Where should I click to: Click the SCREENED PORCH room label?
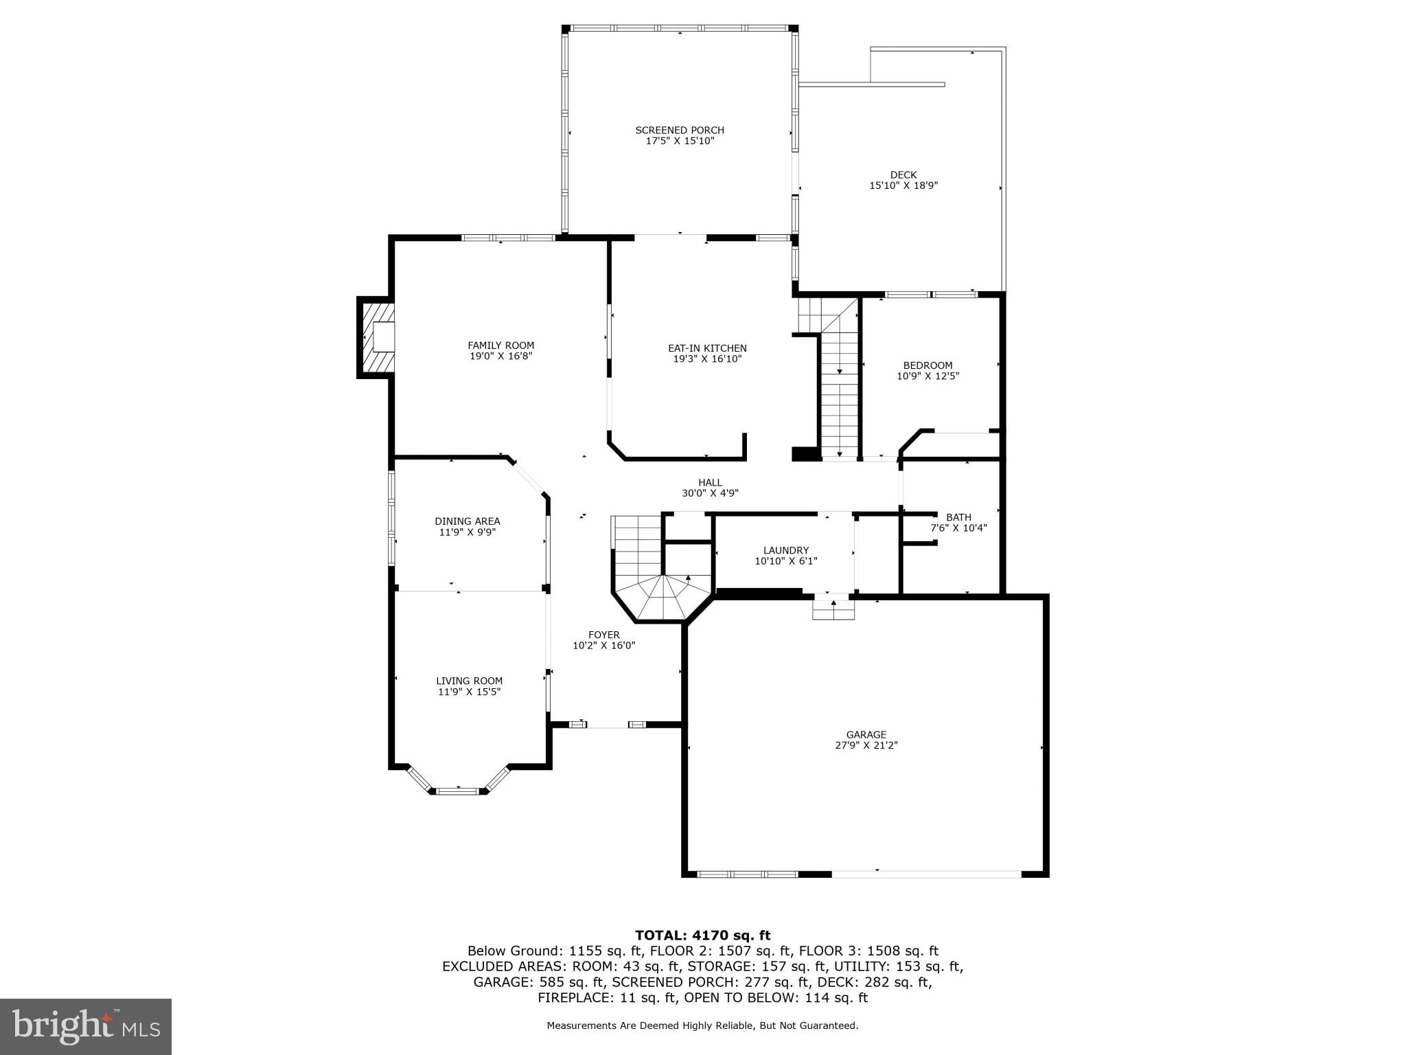679,130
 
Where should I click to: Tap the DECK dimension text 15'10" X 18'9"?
903,185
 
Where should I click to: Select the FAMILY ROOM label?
500,345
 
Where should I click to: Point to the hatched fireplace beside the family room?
376,337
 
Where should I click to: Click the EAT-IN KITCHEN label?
707,348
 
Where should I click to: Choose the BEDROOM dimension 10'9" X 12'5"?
927,376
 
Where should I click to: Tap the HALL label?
710,482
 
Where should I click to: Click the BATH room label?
958,517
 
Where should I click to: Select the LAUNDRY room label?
785,550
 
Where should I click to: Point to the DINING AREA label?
467,521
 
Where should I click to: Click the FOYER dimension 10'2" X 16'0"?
603,646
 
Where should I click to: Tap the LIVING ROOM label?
469,681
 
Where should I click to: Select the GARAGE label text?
866,734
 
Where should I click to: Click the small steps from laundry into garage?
833,609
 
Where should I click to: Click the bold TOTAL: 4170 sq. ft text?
702,935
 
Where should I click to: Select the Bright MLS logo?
86,1026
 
